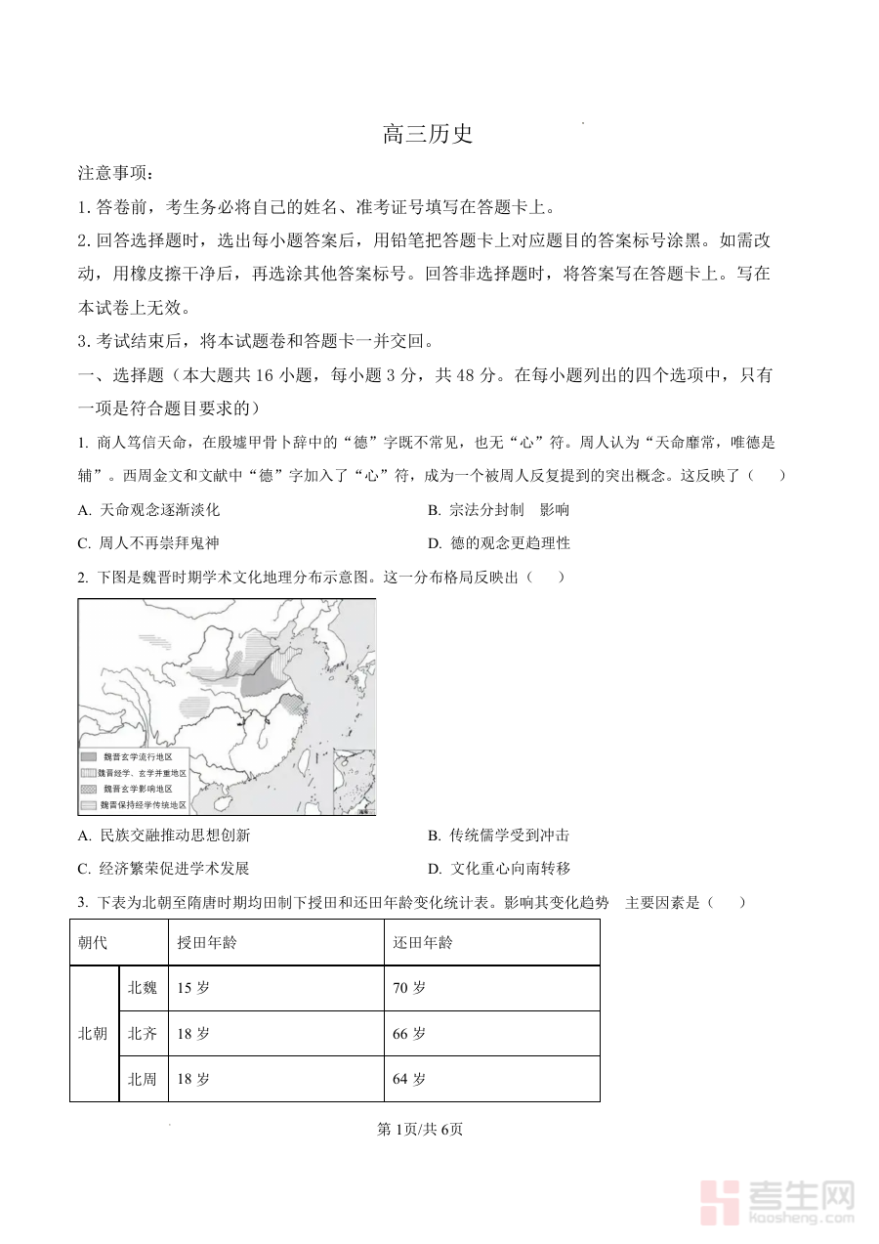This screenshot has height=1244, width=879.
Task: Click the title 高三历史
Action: [x=428, y=135]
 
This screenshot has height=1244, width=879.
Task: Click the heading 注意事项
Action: [x=114, y=173]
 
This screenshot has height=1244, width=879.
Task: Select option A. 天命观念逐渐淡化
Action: [x=148, y=509]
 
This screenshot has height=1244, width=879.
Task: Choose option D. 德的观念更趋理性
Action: [x=498, y=542]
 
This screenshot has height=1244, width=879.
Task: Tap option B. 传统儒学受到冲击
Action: [x=498, y=836]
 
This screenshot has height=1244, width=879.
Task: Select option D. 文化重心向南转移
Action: [x=498, y=868]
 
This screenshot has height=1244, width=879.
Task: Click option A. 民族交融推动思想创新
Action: [x=163, y=836]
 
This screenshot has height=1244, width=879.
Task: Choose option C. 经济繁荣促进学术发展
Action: [x=163, y=868]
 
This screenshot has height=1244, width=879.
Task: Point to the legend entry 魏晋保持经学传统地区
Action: [x=144, y=805]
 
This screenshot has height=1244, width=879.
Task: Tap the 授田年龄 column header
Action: [x=206, y=943]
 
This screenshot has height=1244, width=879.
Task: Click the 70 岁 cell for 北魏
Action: [x=409, y=988]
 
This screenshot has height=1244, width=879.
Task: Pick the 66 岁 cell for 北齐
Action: [x=409, y=1034]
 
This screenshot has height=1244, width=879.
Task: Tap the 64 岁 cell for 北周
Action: [x=409, y=1080]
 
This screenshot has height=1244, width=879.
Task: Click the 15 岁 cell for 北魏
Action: [x=193, y=988]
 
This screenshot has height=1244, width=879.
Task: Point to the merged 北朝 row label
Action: [x=93, y=1034]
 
